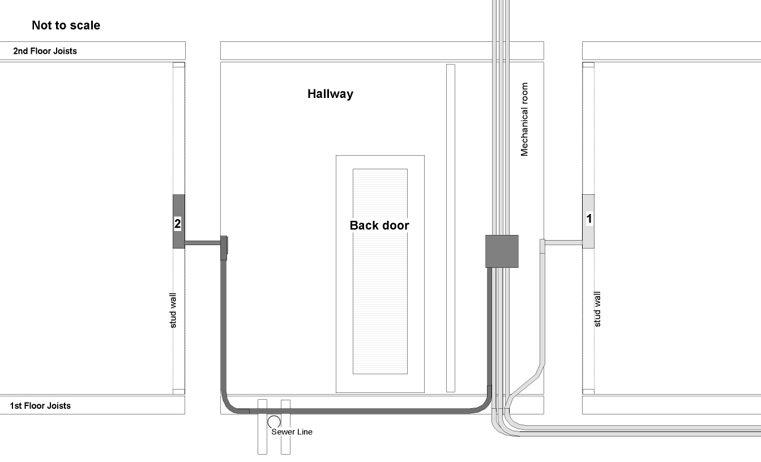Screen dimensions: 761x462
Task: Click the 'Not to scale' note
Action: pyautogui.click(x=66, y=25)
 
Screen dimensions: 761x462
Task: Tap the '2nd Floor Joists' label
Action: pyautogui.click(x=45, y=51)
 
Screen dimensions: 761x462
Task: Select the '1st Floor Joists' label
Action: pyautogui.click(x=40, y=405)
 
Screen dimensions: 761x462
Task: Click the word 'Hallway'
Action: pyautogui.click(x=330, y=94)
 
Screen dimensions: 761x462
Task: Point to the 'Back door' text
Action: pyautogui.click(x=379, y=225)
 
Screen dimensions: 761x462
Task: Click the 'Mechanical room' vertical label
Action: pyautogui.click(x=524, y=119)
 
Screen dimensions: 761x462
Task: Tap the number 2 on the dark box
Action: pyautogui.click(x=177, y=224)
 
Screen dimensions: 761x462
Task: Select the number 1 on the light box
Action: pyautogui.click(x=589, y=219)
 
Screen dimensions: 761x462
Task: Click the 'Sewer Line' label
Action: pyautogui.click(x=292, y=432)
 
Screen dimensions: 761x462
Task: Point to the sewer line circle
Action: pyautogui.click(x=274, y=422)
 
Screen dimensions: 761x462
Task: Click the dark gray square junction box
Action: pyautogui.click(x=502, y=251)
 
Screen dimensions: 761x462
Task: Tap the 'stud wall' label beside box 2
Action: pyautogui.click(x=173, y=310)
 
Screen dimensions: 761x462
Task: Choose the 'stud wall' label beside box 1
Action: pyautogui.click(x=597, y=309)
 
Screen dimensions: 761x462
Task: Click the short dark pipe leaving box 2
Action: pyautogui.click(x=203, y=243)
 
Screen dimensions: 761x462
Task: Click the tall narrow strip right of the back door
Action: pyautogui.click(x=451, y=228)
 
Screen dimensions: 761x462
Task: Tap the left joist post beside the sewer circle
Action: pyautogui.click(x=262, y=427)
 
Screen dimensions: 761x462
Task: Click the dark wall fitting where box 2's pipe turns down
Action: pyautogui.click(x=224, y=247)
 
